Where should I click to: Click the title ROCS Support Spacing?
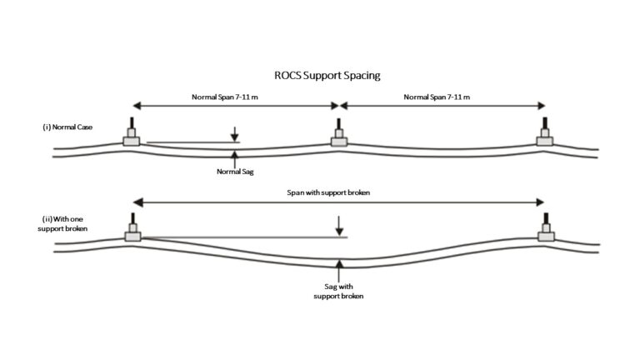327,76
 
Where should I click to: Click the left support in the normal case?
132,135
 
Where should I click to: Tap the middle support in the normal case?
338,135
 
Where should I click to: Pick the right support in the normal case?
544,135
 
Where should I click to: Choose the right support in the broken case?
546,231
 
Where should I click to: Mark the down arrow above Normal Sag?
236,133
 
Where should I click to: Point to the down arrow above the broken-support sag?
338,226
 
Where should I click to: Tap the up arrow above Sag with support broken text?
338,269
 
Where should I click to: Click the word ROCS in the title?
288,76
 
